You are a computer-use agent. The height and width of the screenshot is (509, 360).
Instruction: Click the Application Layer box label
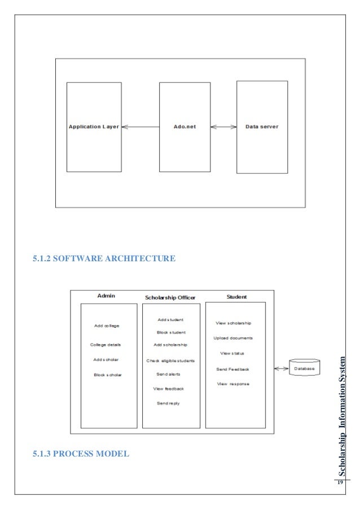coord(94,127)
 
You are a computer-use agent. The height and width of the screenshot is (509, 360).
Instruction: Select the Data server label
coord(262,126)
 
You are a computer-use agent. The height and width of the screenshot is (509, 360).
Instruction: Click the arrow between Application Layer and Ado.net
coord(141,127)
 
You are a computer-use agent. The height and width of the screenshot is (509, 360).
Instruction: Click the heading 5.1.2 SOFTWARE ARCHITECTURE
coord(104,259)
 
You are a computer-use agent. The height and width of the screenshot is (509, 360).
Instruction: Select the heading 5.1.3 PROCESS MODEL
coord(81,452)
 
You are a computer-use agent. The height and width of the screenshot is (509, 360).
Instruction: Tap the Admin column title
coord(106,296)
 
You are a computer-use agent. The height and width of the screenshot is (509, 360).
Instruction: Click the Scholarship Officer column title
coord(170,297)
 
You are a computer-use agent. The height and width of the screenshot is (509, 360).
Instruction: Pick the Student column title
coord(236,296)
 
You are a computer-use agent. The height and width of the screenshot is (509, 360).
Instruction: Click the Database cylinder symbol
coord(304,369)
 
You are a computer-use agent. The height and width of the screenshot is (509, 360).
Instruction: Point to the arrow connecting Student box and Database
coord(281,369)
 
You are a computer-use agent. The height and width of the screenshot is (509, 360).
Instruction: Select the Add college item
coord(107,326)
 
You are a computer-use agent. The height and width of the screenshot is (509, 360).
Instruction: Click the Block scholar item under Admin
coord(108,375)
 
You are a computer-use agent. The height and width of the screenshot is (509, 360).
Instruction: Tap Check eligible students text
coord(170,360)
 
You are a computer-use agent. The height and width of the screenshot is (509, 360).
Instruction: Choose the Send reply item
coord(168,403)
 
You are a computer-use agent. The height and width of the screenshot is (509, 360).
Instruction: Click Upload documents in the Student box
coord(233,338)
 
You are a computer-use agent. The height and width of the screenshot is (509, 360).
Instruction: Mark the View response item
coord(232,384)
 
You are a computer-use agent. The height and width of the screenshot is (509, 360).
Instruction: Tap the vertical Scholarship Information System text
coord(341,415)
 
